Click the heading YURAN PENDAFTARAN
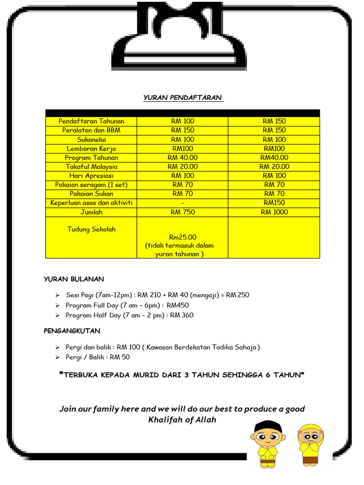coord(182,98)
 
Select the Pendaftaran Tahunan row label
coord(91,121)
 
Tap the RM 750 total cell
coord(182,212)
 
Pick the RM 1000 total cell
coord(274,212)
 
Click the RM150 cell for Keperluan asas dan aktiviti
coord(274,203)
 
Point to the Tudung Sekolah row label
coord(91,229)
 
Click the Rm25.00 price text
coord(182,237)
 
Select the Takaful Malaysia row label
coord(91,167)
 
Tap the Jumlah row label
coord(91,212)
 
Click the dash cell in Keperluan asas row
coord(182,203)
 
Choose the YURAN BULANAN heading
coord(73,279)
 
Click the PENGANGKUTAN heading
coord(72,331)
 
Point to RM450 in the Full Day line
coord(178,305)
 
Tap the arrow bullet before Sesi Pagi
coord(57,295)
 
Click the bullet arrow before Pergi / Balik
coord(57,357)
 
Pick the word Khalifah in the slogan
coord(165,420)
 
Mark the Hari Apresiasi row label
coord(91,176)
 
